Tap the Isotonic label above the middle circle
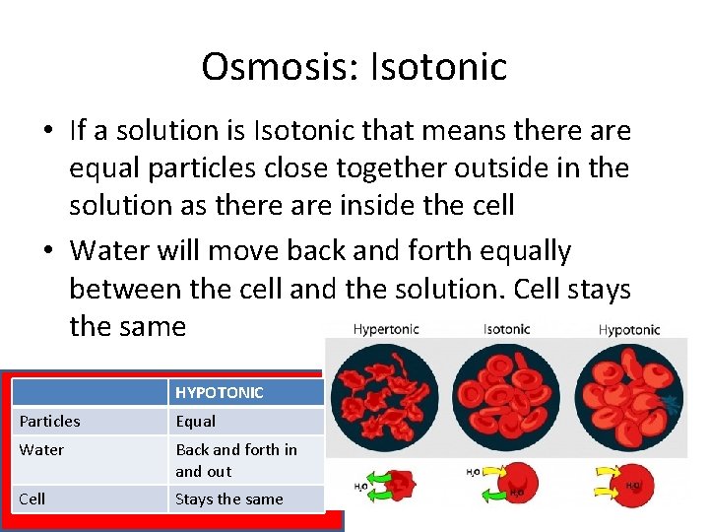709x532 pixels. click(x=507, y=329)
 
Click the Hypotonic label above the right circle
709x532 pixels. click(x=629, y=329)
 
